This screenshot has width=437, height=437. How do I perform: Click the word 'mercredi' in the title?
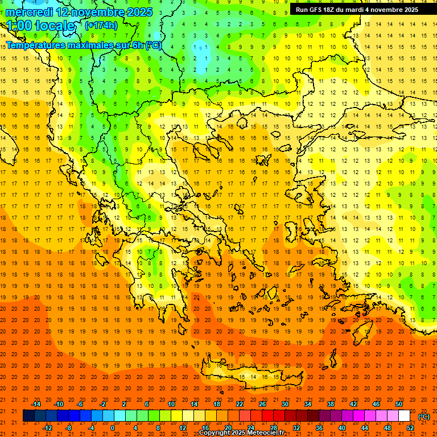pyautogui.click(x=30, y=12)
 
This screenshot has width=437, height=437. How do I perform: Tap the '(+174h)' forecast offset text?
pyautogui.click(x=101, y=26)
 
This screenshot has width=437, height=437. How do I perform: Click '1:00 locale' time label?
pyautogui.click(x=40, y=26)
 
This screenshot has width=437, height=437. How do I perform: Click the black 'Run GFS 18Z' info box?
pyautogui.click(x=357, y=10)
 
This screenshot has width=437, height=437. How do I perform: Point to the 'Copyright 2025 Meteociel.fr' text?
pyautogui.click(x=242, y=433)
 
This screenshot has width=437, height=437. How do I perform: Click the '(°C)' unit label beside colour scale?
pyautogui.click(x=423, y=417)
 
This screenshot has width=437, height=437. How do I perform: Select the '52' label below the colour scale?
pyautogui.click(x=410, y=428)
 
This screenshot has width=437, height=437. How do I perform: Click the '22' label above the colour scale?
pyautogui.click(x=240, y=404)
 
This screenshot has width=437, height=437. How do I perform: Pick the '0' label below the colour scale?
pyautogui.click(x=112, y=428)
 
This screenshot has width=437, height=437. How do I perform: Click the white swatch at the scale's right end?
pyautogui.click(x=404, y=416)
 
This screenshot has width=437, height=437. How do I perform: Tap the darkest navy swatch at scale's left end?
pyautogui.click(x=29, y=416)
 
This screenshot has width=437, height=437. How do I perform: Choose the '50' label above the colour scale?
pyautogui.click(x=398, y=404)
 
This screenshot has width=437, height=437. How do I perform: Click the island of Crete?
pyautogui.click(x=250, y=376)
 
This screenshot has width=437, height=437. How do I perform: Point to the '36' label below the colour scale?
pyautogui.click(x=319, y=428)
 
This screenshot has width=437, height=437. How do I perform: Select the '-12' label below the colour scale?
pyautogui.click(x=47, y=428)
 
